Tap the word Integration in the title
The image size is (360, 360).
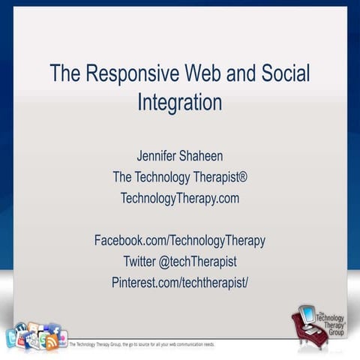pos(179,103)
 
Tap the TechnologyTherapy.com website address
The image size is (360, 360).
pos(179,198)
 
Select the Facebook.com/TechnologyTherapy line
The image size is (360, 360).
pos(179,240)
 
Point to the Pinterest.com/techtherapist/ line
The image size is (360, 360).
pos(179,282)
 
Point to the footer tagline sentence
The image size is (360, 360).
pos(142,345)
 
